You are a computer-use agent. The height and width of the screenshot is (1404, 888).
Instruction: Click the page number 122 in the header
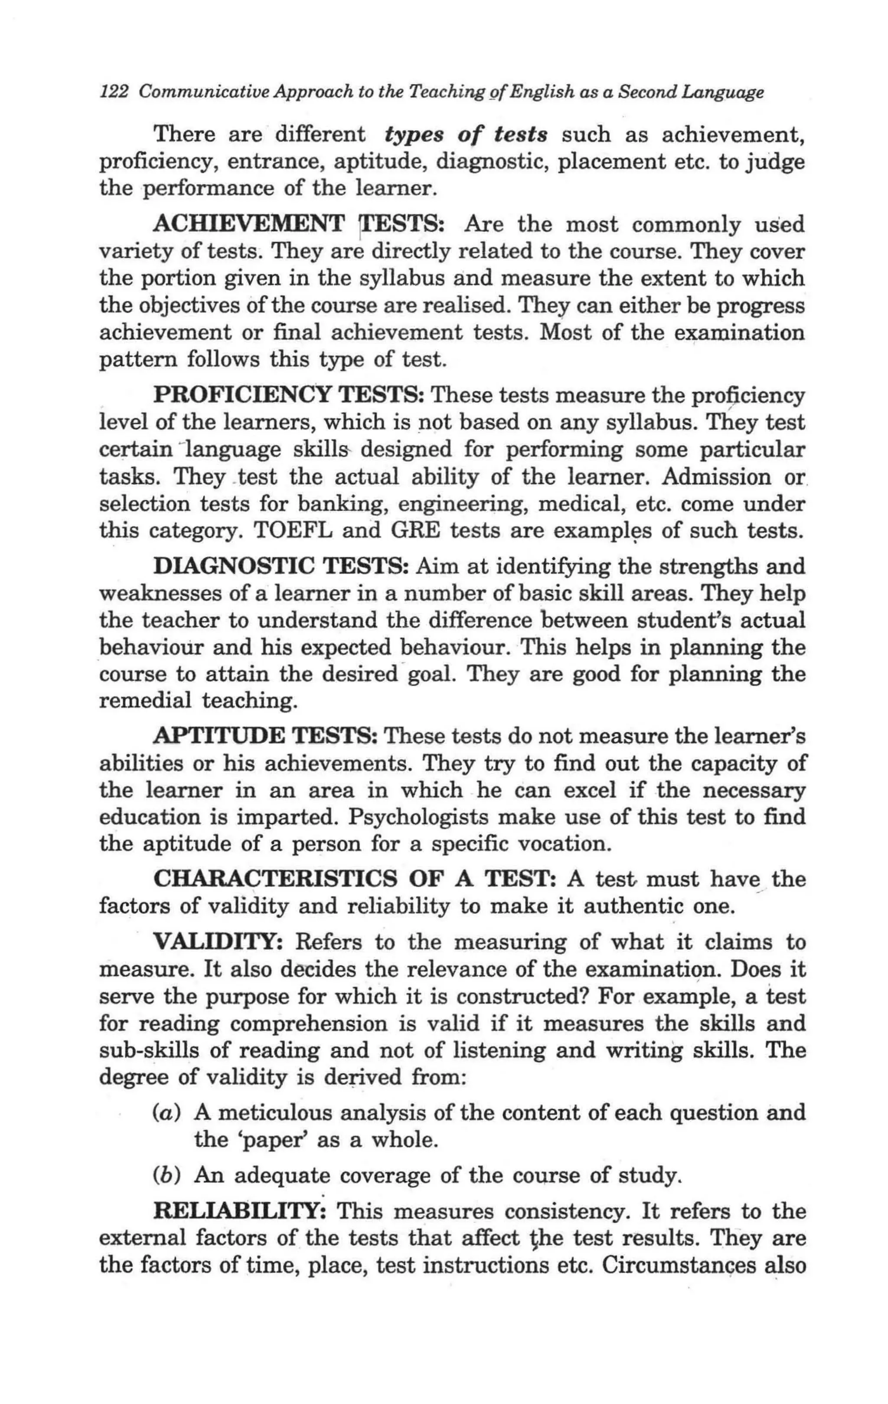click(x=114, y=92)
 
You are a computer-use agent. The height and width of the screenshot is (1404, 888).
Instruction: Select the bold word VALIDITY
click(x=219, y=942)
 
